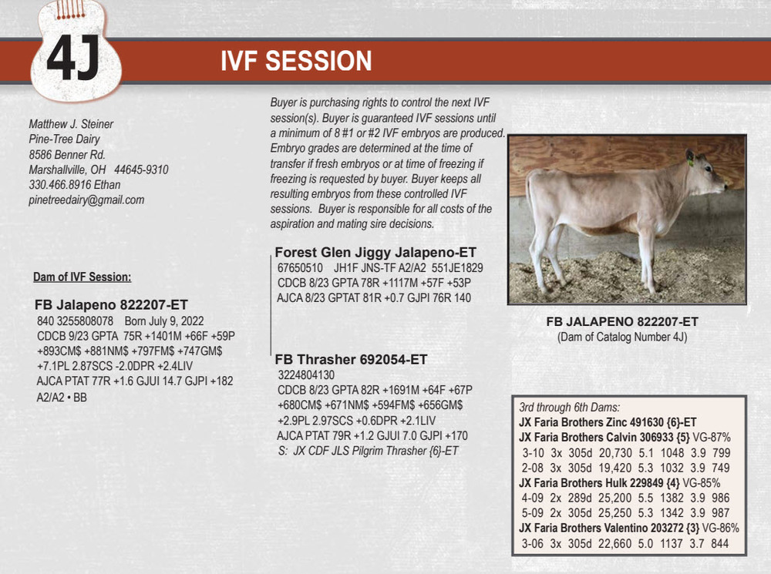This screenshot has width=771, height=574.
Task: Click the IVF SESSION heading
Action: [x=296, y=61]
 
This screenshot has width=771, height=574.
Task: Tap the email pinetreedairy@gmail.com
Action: [x=86, y=200]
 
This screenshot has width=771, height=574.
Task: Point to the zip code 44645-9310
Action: [x=141, y=170]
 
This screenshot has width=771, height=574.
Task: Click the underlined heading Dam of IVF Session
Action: [x=82, y=277]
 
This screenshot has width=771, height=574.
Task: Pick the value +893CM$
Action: [x=59, y=351]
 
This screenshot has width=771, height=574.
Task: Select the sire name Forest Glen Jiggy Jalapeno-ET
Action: [x=375, y=253]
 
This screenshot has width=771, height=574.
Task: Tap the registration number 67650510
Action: [x=300, y=268]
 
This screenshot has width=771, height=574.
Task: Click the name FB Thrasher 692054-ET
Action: [x=351, y=360]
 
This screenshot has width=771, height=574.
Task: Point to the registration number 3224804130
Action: [x=306, y=375]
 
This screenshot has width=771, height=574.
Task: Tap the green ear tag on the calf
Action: [x=691, y=162]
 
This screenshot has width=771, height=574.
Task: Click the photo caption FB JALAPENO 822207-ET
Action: [x=622, y=322]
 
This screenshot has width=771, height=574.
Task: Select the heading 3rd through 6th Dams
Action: [x=570, y=408]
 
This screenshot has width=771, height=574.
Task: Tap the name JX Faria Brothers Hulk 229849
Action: [x=591, y=483]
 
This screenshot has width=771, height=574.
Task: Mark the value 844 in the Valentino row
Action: [x=720, y=543]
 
